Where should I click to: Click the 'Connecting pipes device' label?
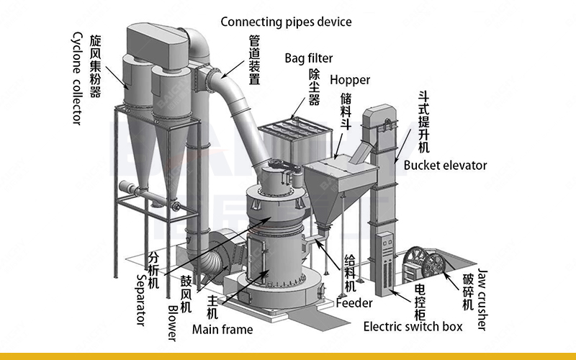(286, 22)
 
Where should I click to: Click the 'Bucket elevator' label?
(445, 166)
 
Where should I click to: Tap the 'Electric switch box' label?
(413, 327)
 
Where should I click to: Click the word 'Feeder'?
(354, 303)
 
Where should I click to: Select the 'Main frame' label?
(222, 329)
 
